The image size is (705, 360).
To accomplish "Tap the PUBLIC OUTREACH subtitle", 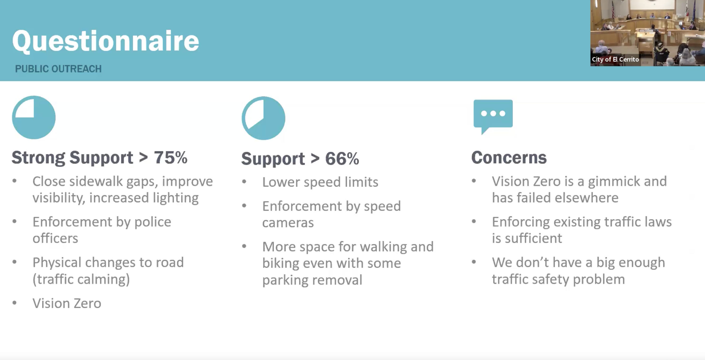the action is click(x=58, y=69).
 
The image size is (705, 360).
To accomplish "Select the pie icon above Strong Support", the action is click(x=34, y=117).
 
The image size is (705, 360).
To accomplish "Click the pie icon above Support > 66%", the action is click(x=263, y=118).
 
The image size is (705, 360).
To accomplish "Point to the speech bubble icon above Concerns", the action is click(x=493, y=116).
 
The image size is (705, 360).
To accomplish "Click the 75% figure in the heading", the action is click(x=171, y=157).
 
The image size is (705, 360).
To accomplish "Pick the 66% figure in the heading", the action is click(x=342, y=158).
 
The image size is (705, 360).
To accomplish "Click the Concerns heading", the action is click(x=509, y=158).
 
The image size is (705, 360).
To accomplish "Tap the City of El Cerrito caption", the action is click(x=615, y=59).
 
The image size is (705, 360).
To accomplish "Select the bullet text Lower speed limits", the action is click(x=320, y=182).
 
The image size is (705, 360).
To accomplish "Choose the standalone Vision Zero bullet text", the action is click(x=67, y=303).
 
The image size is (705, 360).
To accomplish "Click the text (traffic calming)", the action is click(x=81, y=279).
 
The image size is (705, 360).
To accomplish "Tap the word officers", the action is click(x=55, y=238).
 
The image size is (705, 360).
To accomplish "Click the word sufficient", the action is click(x=533, y=238).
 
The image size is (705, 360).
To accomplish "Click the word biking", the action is click(x=280, y=263).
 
